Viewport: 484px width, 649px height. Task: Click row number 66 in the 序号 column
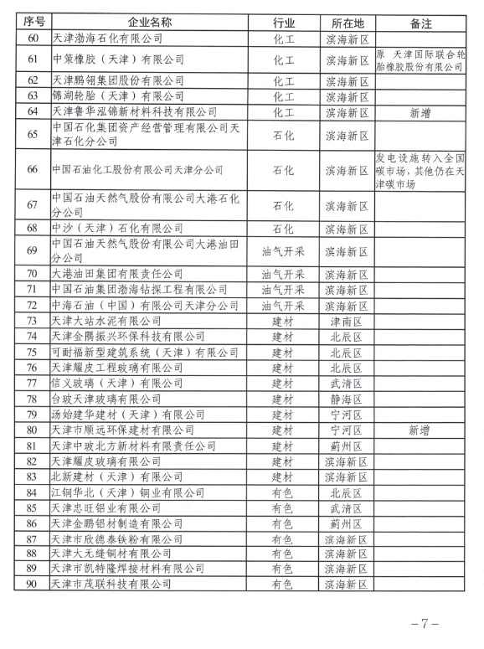tap(32, 170)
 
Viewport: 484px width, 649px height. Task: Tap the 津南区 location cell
tap(346, 320)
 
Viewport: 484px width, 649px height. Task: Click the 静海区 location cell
tap(346, 399)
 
